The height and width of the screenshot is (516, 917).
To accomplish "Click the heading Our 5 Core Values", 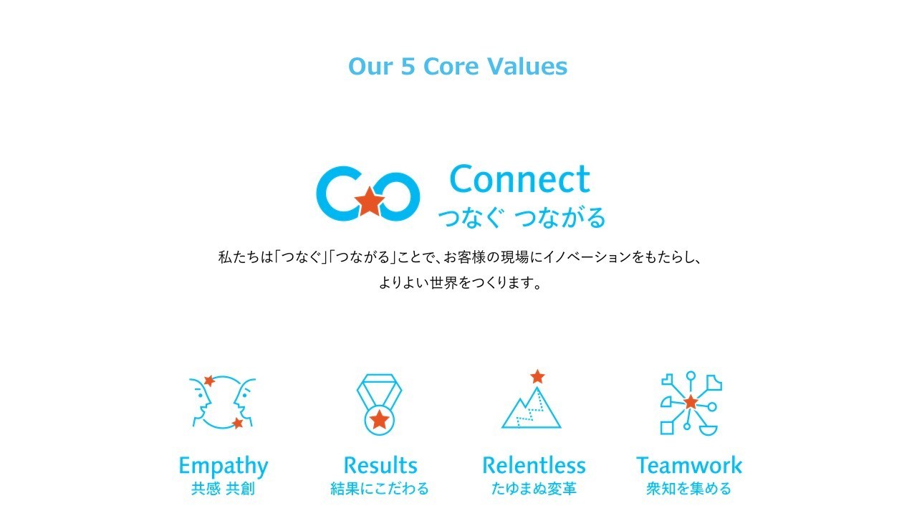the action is (458, 67).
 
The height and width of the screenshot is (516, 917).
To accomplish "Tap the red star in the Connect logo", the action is (369, 201).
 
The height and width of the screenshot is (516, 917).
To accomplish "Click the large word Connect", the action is (520, 179).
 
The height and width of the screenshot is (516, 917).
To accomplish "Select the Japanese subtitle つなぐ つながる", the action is (522, 217).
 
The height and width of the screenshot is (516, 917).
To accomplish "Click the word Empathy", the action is (224, 467).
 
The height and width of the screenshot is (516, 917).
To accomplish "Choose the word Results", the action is (380, 465).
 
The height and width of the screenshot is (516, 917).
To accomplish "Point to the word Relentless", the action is (534, 465).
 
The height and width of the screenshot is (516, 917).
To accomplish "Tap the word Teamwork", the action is (689, 465).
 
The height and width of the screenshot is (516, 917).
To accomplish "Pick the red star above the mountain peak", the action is (537, 377).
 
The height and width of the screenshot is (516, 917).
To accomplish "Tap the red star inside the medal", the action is (380, 420).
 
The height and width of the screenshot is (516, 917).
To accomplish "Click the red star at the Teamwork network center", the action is (691, 402).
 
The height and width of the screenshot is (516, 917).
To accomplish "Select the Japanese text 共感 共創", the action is (223, 489).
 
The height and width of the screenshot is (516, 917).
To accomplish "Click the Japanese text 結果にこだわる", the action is (380, 489).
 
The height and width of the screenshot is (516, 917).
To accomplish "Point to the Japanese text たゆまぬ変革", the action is (534, 489).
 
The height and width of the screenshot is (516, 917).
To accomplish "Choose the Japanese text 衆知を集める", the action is (688, 489).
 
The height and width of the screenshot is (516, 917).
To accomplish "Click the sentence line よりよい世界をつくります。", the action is (461, 282).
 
